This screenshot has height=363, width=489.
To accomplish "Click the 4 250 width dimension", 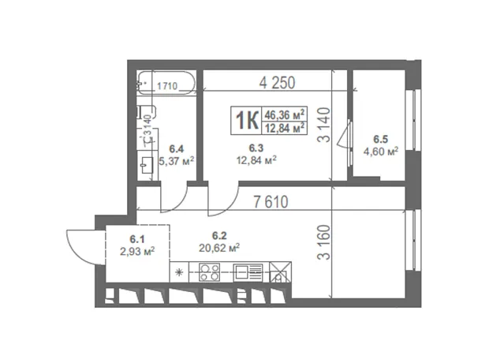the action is coord(277,83).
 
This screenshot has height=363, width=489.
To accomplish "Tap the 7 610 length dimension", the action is coord(271,202).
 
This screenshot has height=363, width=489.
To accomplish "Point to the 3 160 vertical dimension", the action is coord(323,242).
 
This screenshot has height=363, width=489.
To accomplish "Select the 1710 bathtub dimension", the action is coord(167,86).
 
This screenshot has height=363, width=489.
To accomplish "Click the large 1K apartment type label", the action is coord(246,120).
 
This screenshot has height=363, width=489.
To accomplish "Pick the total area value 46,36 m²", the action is coord(285,114).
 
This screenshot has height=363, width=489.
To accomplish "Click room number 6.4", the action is coord(177,148).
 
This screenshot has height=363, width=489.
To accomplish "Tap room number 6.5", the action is coord(381,139).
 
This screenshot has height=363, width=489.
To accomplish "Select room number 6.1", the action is coord(137,239).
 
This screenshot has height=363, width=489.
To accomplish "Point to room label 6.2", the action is coord(219,235).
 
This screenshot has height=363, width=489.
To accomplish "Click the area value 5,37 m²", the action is coord(177,161).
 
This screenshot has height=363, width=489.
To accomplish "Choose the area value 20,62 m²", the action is coord(219,248).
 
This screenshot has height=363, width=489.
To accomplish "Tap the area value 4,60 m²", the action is coord(381,152).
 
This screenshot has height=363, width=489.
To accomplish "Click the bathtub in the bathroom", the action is coord(167,83).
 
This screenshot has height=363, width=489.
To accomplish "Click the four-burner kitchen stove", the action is coord(209,272).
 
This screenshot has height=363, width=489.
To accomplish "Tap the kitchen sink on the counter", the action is coord(248,272).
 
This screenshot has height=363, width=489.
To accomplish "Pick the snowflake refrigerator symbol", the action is coord(179,272).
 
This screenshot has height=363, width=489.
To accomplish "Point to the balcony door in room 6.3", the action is coord(347,134).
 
